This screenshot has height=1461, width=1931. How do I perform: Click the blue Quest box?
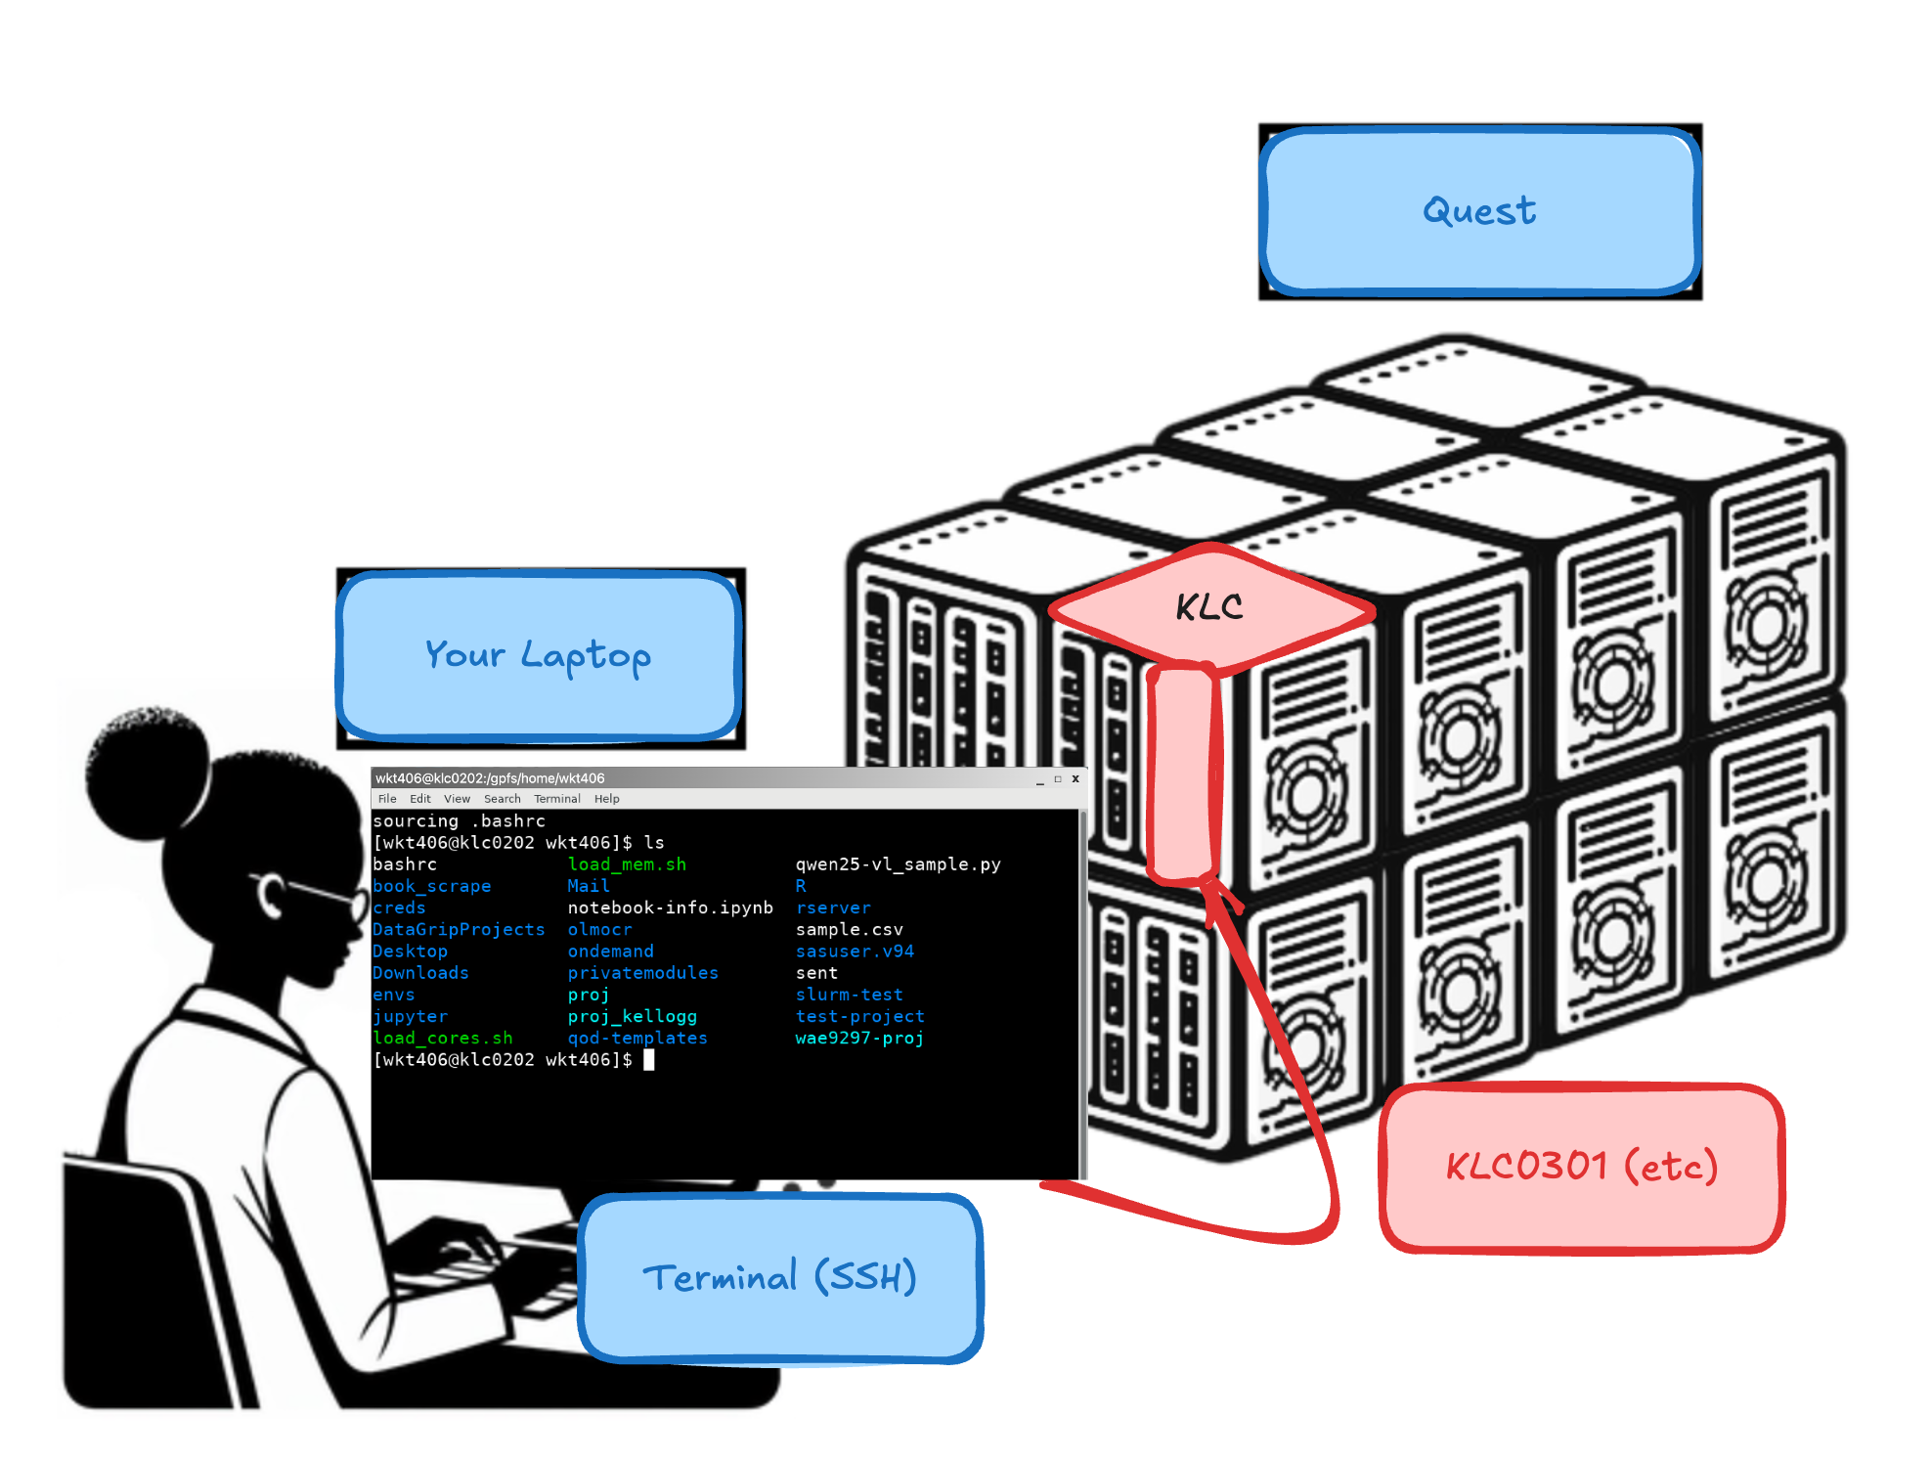coord(1479,210)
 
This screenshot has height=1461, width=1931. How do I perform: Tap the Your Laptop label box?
coord(539,655)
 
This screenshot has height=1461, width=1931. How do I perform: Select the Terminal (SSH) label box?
coord(780,1277)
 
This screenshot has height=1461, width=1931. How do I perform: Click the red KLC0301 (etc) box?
coord(1581,1167)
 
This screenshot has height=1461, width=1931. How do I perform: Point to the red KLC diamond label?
coord(1210,607)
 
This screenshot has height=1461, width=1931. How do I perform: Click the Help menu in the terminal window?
coord(606,799)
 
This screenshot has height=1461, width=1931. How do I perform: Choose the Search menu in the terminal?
coord(502,799)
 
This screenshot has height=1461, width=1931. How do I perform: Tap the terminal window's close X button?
coord(1075,779)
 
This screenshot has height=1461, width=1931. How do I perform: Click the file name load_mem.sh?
coord(627,864)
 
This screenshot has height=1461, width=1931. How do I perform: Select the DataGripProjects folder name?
coord(459,929)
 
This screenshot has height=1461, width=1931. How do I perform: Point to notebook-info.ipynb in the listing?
coord(670,908)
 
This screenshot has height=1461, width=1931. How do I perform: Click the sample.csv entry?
coord(849,929)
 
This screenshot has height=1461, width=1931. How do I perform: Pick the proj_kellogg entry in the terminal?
coord(632,1016)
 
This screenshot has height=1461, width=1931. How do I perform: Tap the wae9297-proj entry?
coord(859,1038)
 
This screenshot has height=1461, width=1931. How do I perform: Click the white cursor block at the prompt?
coord(648,1060)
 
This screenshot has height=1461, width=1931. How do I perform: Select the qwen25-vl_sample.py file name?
coord(898,864)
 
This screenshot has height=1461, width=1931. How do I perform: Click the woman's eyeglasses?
coord(313,895)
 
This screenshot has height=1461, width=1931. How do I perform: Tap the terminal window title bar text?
coord(490,778)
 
